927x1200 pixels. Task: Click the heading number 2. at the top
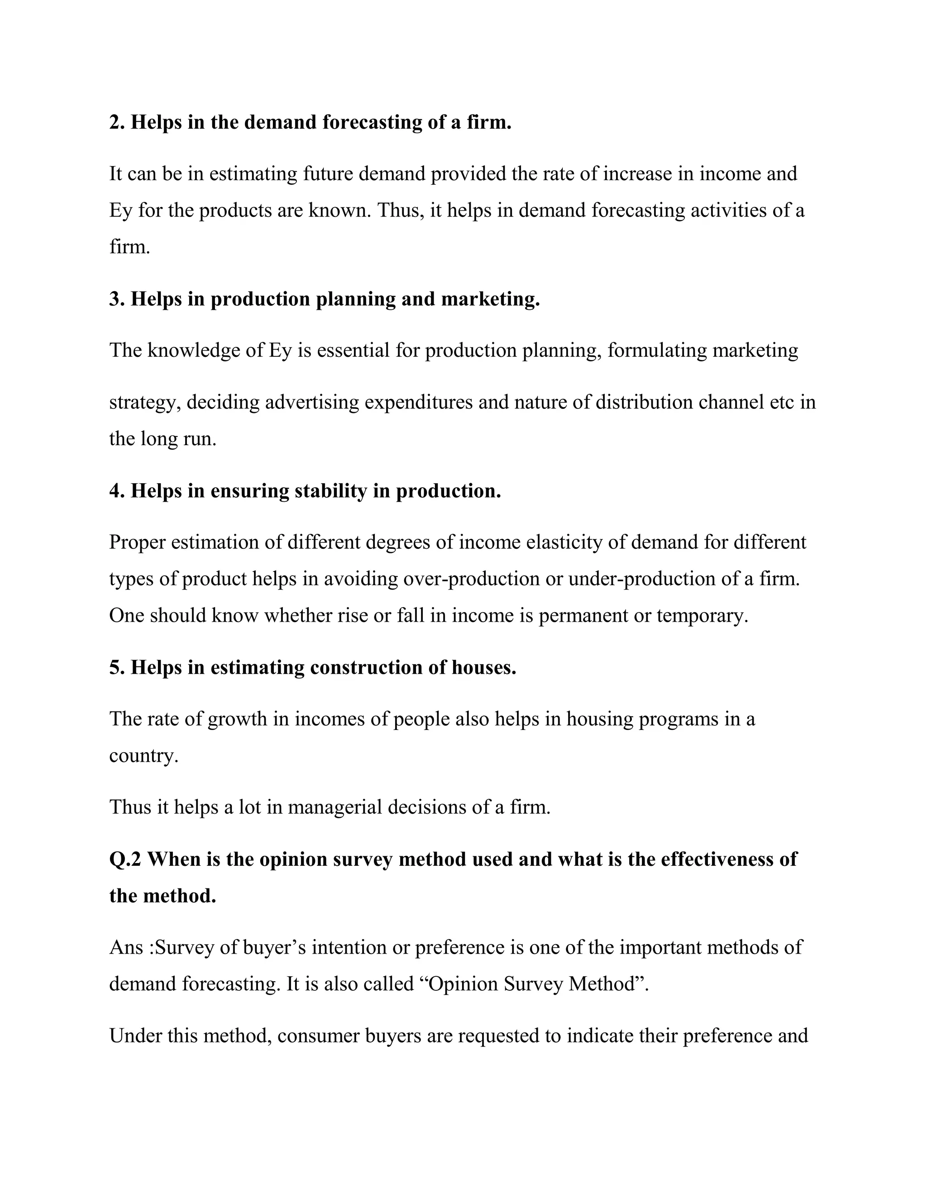tap(118, 122)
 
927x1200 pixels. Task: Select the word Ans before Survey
tap(126, 947)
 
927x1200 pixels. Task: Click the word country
tap(143, 756)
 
